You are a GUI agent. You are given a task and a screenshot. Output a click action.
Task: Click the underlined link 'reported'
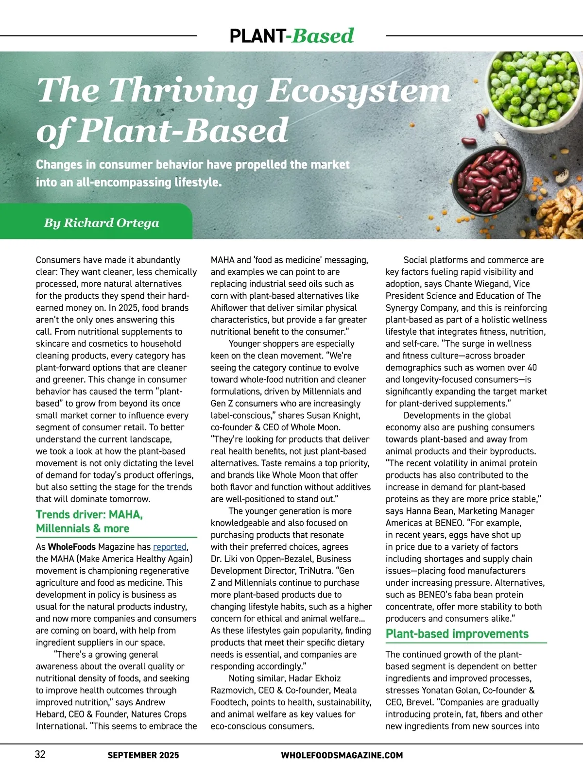click(x=170, y=547)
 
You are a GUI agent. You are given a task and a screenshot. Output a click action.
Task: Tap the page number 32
click(x=40, y=754)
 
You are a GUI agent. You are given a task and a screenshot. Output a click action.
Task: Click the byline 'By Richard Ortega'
click(x=102, y=223)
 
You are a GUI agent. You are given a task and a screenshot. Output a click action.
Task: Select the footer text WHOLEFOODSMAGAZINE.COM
click(x=342, y=755)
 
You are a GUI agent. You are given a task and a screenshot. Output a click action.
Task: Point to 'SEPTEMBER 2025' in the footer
click(x=143, y=755)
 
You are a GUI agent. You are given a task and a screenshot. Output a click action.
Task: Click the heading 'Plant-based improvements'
click(x=457, y=634)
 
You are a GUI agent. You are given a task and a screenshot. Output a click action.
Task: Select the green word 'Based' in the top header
click(x=323, y=36)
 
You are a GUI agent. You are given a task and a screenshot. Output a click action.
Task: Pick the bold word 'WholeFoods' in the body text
click(x=72, y=547)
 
